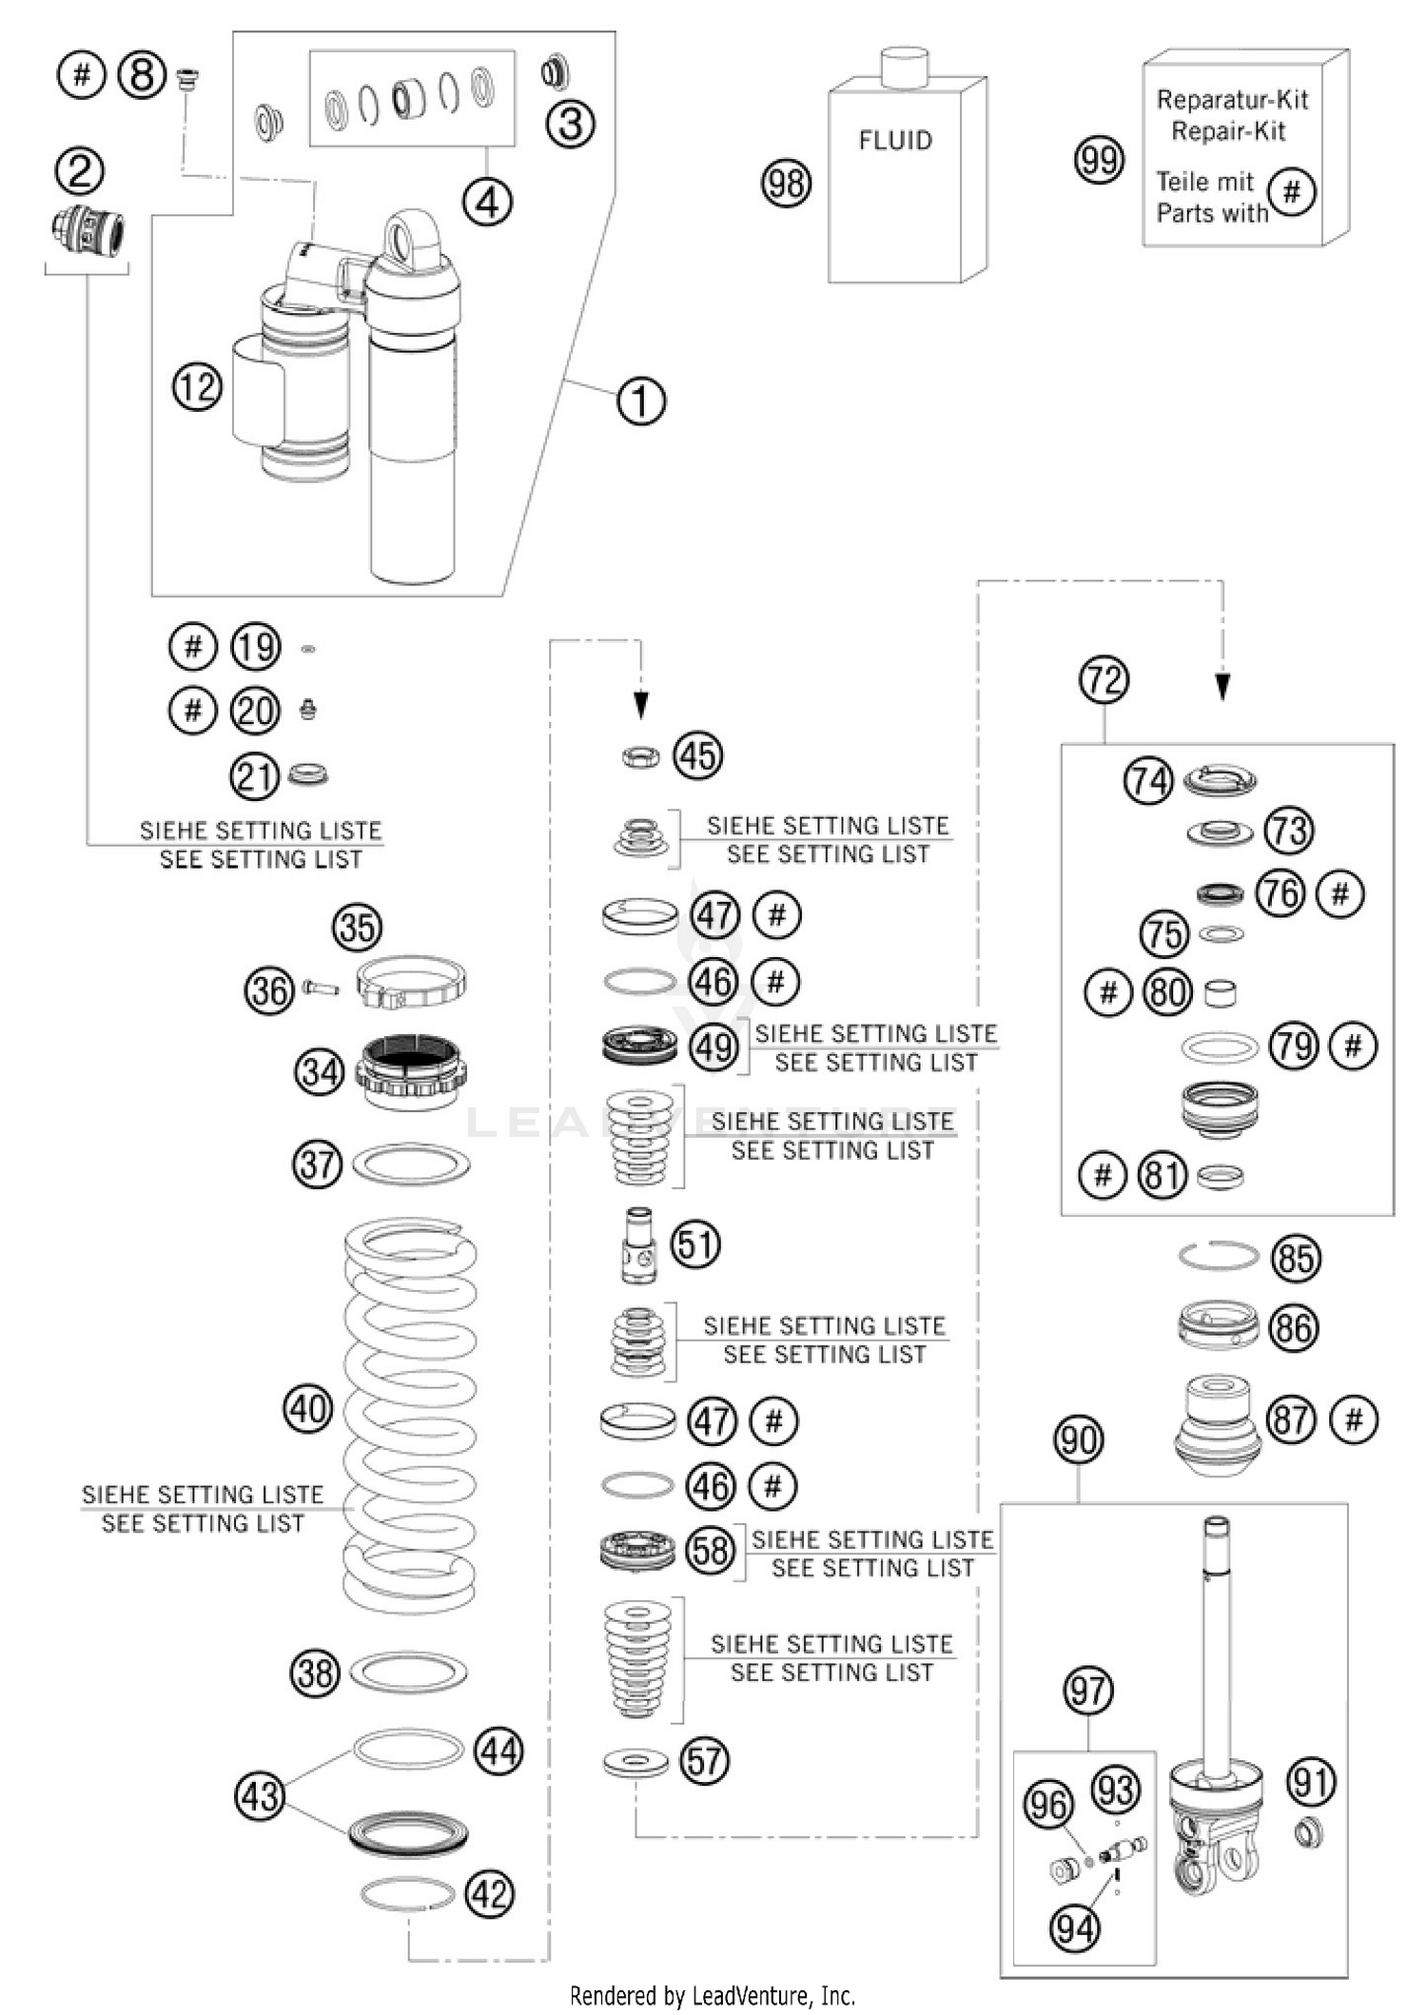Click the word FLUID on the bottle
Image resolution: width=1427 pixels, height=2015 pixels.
(895, 141)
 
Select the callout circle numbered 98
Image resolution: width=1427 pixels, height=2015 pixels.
(786, 183)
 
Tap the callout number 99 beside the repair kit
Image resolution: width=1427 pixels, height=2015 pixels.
(1099, 160)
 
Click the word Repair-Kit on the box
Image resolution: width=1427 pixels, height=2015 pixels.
(1227, 131)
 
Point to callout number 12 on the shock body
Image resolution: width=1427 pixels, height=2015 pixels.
(197, 387)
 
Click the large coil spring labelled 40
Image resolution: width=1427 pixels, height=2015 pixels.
(410, 1408)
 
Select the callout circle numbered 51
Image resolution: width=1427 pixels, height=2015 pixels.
(695, 1244)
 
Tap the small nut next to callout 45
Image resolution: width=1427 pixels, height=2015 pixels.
(640, 757)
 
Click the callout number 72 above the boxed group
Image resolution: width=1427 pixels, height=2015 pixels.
(1104, 680)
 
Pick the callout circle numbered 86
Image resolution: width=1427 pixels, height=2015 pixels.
(1294, 1328)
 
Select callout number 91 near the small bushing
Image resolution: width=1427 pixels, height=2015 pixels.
(1311, 1782)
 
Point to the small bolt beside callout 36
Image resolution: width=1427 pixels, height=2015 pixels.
(321, 988)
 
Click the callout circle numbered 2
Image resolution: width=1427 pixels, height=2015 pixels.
(80, 171)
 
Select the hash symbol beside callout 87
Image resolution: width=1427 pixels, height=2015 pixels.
(1354, 1419)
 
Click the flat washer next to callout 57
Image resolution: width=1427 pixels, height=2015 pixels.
(635, 1763)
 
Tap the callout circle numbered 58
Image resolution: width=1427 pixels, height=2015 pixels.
(710, 1551)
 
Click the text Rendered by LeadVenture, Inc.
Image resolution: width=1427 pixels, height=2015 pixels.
(713, 1995)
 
